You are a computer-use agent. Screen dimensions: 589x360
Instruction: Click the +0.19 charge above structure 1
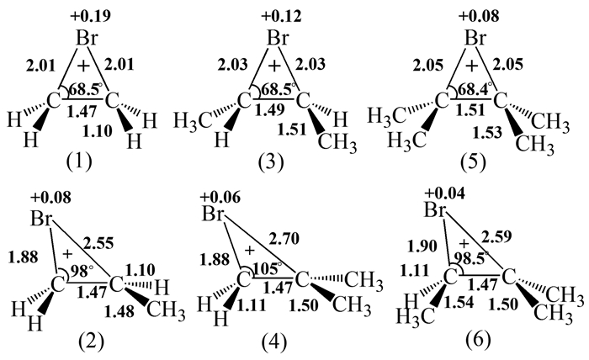91,16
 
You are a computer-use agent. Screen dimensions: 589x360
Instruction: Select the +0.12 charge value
281,16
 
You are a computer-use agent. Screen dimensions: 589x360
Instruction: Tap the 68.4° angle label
472,89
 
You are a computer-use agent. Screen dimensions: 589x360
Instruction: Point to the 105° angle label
268,267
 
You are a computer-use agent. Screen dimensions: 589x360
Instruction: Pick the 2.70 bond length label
284,238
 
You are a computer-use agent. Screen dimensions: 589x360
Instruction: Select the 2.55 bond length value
98,243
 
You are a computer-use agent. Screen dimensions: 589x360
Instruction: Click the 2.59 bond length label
496,237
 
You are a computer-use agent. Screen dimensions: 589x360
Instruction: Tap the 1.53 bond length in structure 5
487,132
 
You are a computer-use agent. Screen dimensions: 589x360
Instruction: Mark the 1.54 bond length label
459,303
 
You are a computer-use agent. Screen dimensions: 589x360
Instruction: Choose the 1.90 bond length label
422,246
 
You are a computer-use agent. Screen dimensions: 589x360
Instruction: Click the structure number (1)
79,161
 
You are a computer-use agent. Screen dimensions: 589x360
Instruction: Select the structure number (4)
273,342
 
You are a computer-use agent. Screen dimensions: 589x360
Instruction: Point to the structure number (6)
478,340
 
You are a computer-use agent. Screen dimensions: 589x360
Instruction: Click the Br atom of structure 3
278,39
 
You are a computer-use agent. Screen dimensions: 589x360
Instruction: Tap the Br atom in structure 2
42,219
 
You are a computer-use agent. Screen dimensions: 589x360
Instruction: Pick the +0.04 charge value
445,193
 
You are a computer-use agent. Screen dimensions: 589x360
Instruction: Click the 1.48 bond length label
119,311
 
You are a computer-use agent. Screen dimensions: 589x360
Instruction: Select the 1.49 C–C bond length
270,110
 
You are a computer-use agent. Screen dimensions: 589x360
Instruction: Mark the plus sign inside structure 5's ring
471,66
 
